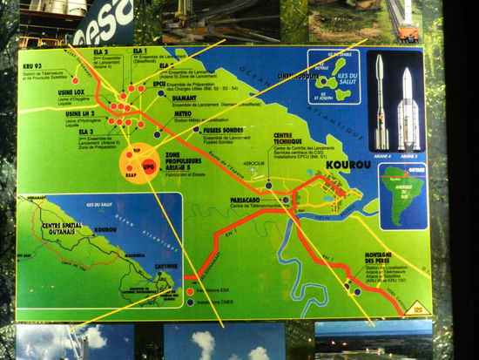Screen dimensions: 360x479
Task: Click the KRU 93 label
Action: pos(32,66)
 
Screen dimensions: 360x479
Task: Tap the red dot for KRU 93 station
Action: pos(76,80)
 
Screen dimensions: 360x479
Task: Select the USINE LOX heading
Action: pos(41,92)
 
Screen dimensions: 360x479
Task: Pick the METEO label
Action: pos(184,113)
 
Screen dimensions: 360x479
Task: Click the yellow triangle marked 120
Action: pos(416,308)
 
